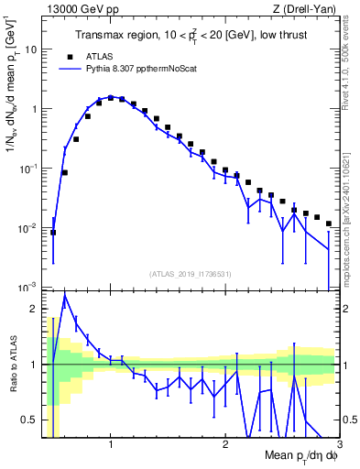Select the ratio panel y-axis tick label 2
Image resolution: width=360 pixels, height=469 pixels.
point(35,309)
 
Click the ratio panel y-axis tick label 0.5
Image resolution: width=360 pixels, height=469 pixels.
point(31,420)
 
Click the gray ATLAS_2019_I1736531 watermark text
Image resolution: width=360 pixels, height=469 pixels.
point(191,274)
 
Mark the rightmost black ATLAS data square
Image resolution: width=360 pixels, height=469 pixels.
point(328,224)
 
